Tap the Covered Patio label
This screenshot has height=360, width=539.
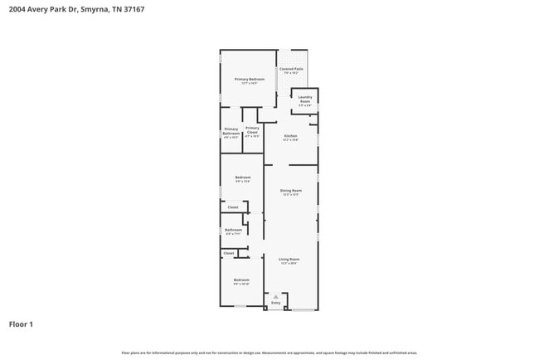(291, 70)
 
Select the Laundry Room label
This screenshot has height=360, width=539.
(305, 100)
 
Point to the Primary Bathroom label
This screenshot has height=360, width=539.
(231, 131)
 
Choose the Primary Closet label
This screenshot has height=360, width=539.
(252, 130)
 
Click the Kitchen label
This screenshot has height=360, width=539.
(290, 136)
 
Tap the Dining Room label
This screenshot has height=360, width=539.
(290, 191)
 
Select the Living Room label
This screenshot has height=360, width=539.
(289, 260)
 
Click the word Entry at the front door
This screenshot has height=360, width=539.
(276, 304)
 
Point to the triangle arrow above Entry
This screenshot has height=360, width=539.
(276, 297)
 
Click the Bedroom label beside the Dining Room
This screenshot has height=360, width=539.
(242, 178)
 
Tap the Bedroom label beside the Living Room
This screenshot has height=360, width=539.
(241, 280)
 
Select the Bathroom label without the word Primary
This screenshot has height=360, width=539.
(233, 230)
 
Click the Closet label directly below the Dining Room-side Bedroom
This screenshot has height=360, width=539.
(233, 207)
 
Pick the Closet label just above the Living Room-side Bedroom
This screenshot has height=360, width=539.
(229, 253)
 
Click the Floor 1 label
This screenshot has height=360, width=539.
(21, 324)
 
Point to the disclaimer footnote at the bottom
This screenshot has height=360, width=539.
(269, 353)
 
